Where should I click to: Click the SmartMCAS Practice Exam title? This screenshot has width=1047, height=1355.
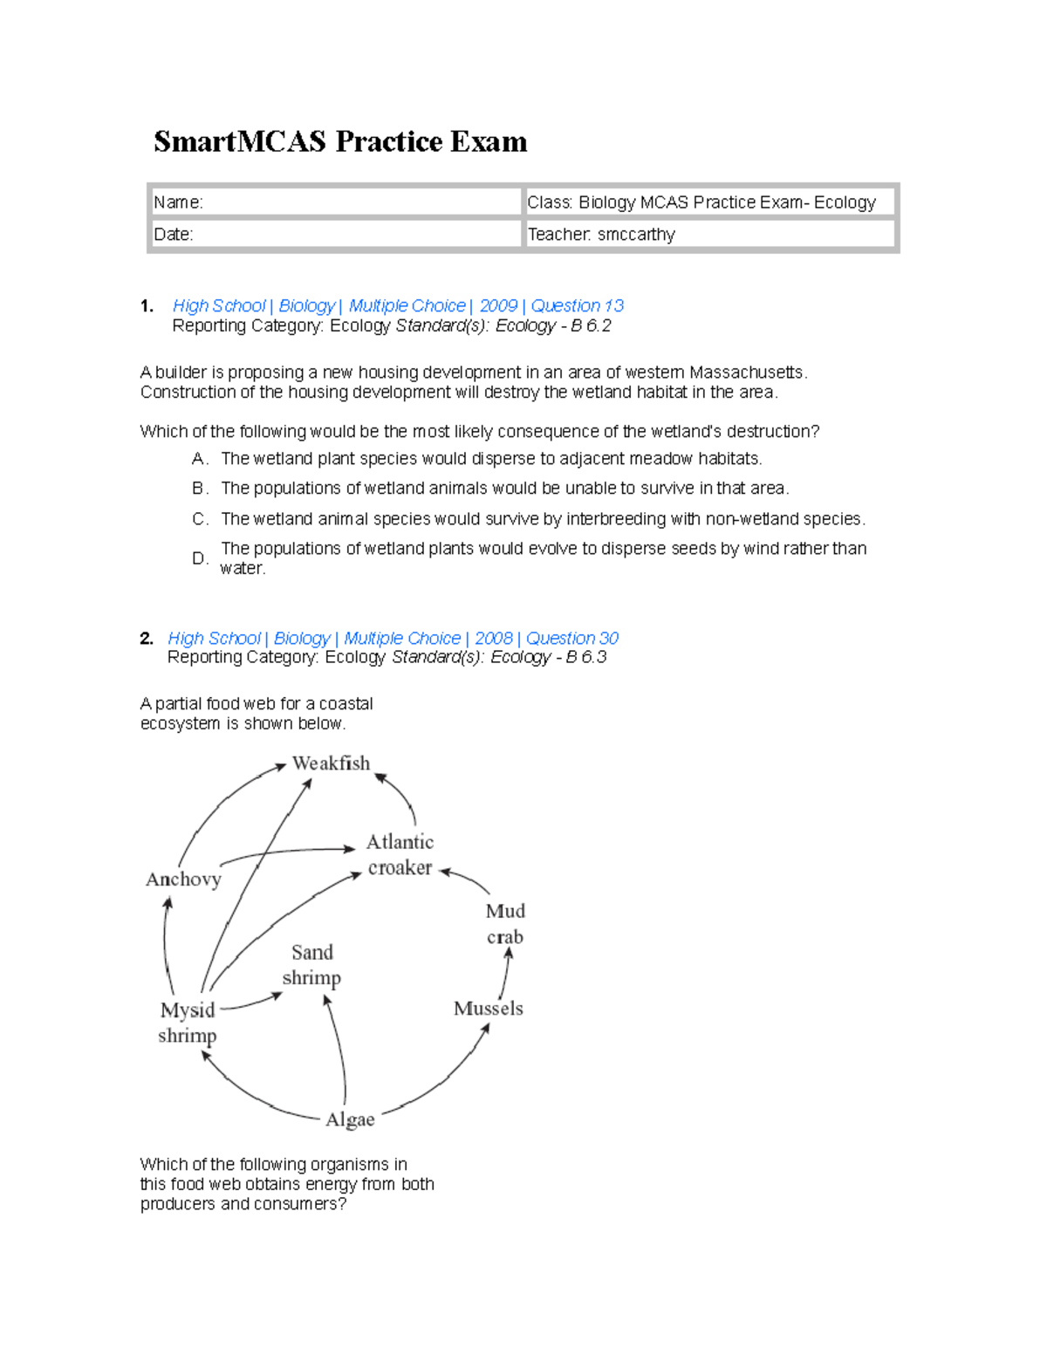(x=340, y=141)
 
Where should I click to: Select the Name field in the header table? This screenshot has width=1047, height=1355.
(x=335, y=202)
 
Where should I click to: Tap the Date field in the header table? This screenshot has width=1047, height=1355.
(x=335, y=234)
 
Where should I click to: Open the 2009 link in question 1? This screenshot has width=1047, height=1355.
(x=498, y=305)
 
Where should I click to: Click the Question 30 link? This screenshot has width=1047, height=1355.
(x=571, y=638)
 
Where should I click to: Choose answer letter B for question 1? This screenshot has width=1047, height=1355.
(x=200, y=488)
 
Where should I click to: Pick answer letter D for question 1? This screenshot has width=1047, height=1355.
(x=200, y=558)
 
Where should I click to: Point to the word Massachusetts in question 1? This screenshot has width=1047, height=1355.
(x=748, y=373)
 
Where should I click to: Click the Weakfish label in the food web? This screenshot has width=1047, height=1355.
(x=331, y=763)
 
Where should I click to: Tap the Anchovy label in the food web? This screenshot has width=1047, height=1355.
(x=183, y=879)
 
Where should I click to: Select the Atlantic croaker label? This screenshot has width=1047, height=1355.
(x=400, y=854)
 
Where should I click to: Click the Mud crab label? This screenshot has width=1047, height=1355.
(x=505, y=923)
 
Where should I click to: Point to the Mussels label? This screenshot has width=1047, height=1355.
(x=489, y=1009)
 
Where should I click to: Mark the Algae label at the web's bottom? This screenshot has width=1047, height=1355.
(x=350, y=1119)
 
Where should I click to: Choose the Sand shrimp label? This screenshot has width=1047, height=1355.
(x=311, y=964)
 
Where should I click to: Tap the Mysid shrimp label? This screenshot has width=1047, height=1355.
(x=188, y=1023)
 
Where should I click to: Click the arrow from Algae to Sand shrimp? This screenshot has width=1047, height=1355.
(x=339, y=1047)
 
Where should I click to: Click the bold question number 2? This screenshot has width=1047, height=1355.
(x=147, y=638)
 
